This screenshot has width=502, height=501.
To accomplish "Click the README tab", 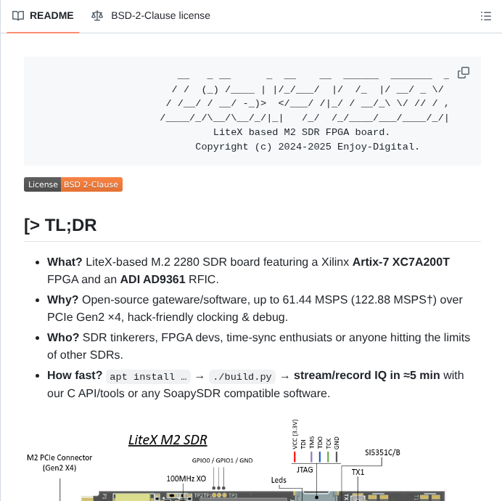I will pyautogui.click(x=44, y=16).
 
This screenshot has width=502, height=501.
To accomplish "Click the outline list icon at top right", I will pyautogui.click(x=486, y=16).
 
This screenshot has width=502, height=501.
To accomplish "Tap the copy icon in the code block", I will pyautogui.click(x=464, y=73).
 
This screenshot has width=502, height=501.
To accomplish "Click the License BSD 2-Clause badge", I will pyautogui.click(x=73, y=184).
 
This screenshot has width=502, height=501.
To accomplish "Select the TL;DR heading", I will pyautogui.click(x=60, y=225).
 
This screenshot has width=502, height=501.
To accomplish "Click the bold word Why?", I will pyautogui.click(x=63, y=299).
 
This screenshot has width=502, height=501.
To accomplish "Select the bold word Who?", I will pyautogui.click(x=63, y=337).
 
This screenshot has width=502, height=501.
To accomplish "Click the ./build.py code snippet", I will pyautogui.click(x=242, y=377).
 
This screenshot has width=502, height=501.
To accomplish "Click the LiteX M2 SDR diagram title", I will pyautogui.click(x=168, y=439).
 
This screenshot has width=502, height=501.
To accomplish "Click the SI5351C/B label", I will pyautogui.click(x=382, y=452).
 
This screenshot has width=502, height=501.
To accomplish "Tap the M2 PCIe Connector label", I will pyautogui.click(x=59, y=463).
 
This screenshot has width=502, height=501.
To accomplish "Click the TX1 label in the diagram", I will pyautogui.click(x=358, y=472).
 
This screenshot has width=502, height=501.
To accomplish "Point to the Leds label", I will pyautogui.click(x=279, y=479).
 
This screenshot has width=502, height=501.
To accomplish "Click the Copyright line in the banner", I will pyautogui.click(x=307, y=147).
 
